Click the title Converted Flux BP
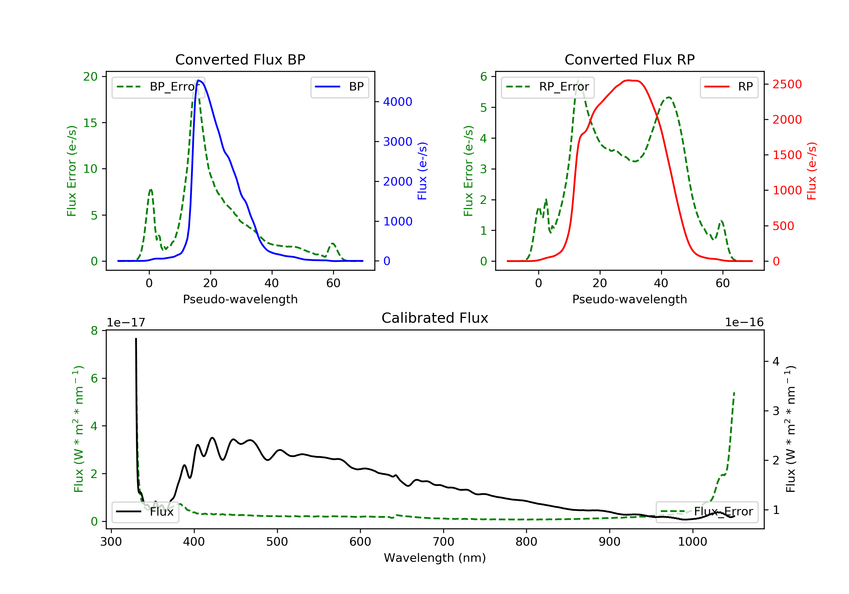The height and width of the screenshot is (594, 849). tap(240, 59)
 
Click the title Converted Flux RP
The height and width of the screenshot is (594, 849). tap(629, 59)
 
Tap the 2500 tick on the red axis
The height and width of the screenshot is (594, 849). tap(787, 84)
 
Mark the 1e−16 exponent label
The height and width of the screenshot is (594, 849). tap(744, 322)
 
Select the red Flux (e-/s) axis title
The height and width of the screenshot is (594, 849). tap(811, 171)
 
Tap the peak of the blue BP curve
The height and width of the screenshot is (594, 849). tap(199, 80)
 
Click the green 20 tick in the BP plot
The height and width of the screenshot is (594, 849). tap(90, 77)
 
